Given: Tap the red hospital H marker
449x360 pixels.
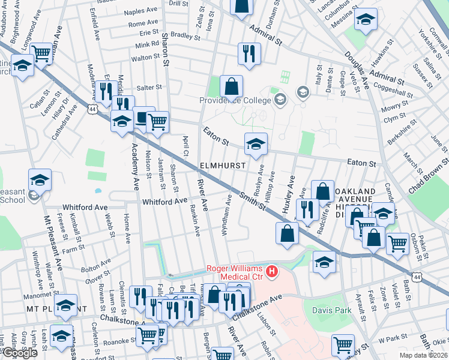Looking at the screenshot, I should click(273, 272).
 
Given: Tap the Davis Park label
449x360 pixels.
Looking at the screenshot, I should click(330, 310).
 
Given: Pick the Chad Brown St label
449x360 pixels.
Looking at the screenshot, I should click(428, 177).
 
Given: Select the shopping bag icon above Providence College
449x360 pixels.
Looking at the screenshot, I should click(231, 86).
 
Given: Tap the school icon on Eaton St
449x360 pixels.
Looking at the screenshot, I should click(255, 143).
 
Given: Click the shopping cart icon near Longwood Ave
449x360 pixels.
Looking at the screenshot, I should click(41, 53).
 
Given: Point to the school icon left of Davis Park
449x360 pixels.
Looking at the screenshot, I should click(324, 262).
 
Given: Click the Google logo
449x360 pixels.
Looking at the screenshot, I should click(19, 353).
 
